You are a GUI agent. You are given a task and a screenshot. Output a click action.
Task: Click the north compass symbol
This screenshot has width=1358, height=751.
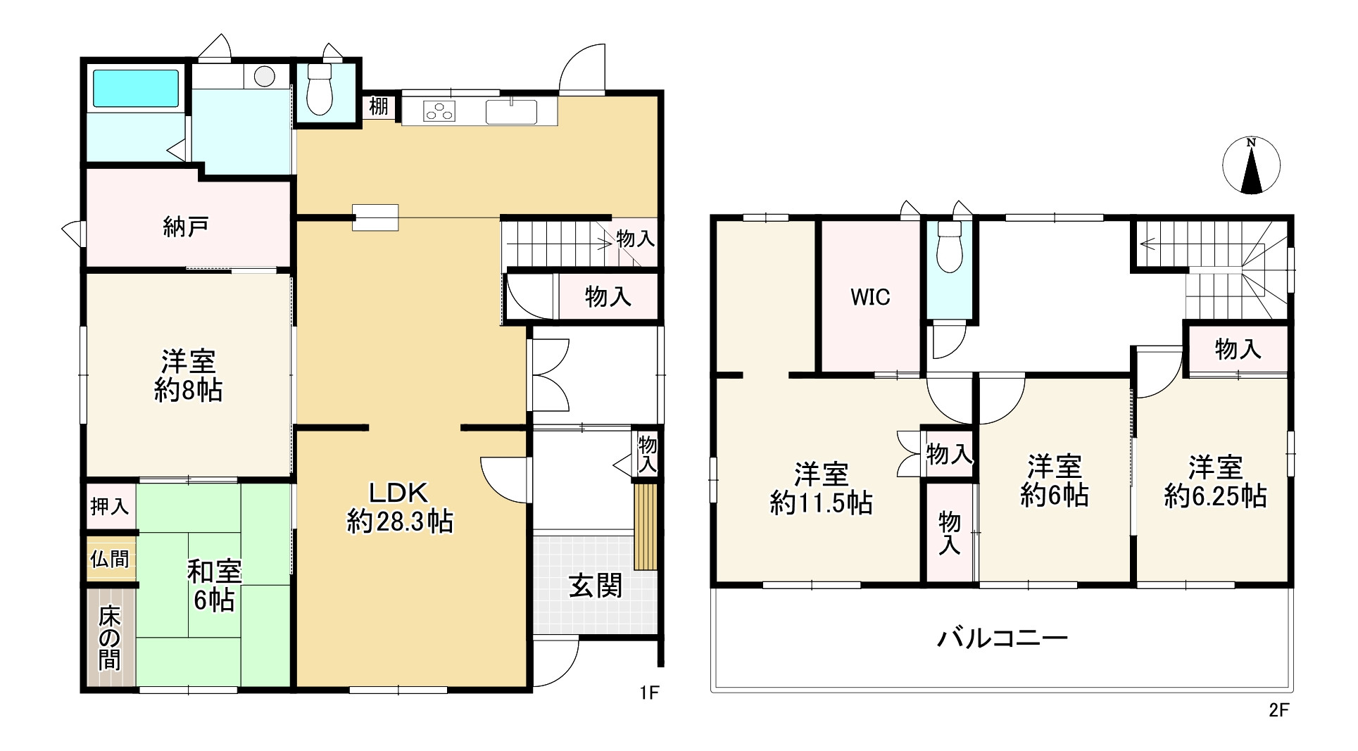point(1251,166)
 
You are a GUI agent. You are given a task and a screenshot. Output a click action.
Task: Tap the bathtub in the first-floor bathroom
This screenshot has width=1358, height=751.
point(136,88)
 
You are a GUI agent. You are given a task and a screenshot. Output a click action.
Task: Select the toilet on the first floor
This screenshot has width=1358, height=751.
point(320,89)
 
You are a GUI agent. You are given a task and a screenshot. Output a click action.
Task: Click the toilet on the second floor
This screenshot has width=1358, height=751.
point(950,246)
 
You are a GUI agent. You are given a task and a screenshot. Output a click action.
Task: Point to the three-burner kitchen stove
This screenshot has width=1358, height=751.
point(439,111)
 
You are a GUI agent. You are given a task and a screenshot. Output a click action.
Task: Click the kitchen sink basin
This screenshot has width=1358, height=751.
point(511,111)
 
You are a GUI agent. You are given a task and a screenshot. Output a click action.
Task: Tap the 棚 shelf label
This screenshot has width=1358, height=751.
point(379,107)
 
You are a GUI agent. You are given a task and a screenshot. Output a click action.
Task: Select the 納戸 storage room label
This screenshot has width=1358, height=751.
point(185,227)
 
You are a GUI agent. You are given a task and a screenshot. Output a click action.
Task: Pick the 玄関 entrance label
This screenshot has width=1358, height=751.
point(596,586)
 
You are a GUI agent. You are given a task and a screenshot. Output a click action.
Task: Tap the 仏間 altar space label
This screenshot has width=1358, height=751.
point(110,560)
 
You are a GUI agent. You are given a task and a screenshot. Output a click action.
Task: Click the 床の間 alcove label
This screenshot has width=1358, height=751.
point(110,638)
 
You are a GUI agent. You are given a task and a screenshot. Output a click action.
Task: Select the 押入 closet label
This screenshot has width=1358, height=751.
point(110,506)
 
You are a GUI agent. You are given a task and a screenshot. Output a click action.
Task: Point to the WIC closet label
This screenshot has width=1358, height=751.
point(870,297)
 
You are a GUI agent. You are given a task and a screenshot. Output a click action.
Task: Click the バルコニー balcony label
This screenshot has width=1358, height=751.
point(1002,638)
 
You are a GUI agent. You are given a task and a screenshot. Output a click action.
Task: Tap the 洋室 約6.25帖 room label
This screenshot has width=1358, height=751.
point(1216,481)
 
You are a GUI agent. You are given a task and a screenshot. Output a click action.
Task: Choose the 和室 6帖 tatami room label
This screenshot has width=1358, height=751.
point(214,586)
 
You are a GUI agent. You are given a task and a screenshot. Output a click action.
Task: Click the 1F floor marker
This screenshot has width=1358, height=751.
point(648,693)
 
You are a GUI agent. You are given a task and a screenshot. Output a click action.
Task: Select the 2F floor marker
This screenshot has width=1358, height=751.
point(1278,710)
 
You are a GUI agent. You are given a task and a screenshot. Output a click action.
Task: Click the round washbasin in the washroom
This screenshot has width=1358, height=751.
point(265,76)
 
